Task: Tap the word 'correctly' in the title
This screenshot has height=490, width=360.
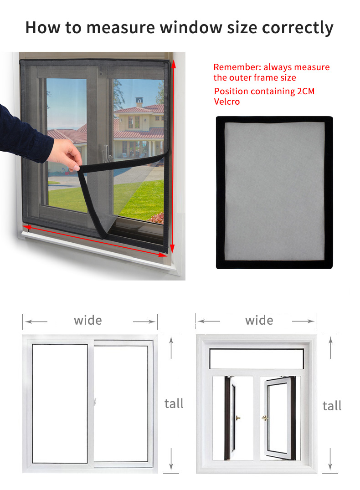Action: point(297,28)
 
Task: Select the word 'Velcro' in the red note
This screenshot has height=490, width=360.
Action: point(227,102)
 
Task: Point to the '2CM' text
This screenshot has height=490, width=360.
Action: point(306,91)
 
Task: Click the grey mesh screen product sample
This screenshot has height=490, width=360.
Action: point(274,192)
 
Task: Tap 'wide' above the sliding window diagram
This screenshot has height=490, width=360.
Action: point(88,320)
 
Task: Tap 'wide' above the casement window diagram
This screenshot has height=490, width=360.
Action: point(259,320)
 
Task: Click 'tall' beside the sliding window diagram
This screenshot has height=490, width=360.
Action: point(174,403)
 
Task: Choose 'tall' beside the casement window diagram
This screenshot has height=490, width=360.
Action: point(332,406)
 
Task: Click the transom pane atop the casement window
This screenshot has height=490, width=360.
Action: point(257,359)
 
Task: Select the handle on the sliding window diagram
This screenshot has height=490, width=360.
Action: point(95,402)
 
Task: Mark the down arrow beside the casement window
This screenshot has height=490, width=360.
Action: point(330,460)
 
